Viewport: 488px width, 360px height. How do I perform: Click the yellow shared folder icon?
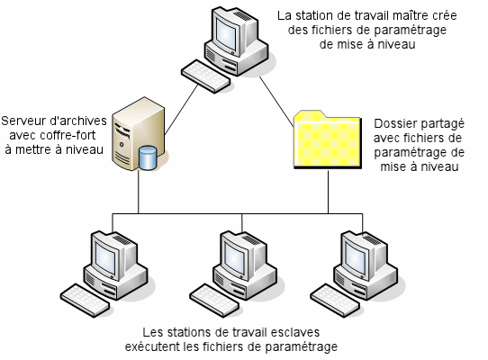coord(328,139)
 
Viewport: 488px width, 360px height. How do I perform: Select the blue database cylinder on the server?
coord(148,157)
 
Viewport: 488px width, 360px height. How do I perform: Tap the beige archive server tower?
coord(138,134)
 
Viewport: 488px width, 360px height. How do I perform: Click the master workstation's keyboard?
coord(205,76)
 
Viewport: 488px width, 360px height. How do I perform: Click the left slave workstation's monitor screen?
coord(106,256)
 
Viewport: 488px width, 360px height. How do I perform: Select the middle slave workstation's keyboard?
coord(214,301)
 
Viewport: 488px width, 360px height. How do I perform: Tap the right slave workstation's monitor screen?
coord(355,256)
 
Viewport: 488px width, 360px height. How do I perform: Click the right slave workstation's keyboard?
coord(335,301)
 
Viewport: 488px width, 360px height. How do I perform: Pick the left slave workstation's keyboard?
coord(85,301)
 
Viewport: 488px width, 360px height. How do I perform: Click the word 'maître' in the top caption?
coord(407,15)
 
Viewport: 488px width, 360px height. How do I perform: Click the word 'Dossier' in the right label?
coord(393,123)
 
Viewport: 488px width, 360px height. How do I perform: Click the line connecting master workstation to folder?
coord(276,102)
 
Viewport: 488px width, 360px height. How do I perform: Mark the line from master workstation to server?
coord(181,110)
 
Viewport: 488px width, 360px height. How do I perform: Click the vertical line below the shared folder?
coord(328,192)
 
